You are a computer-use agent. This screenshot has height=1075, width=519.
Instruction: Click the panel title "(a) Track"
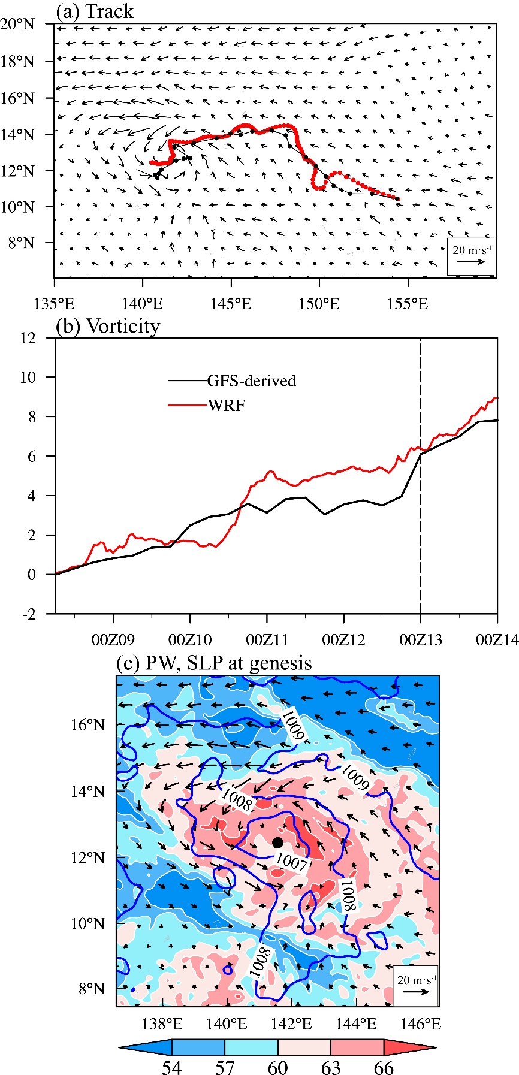pyautogui.click(x=95, y=11)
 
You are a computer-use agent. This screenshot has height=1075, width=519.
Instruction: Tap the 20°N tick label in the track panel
pyautogui.click(x=18, y=25)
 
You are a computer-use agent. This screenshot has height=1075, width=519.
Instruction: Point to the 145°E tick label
pyautogui.click(x=231, y=304)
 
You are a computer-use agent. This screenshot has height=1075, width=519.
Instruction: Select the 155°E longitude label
pyautogui.click(x=408, y=304)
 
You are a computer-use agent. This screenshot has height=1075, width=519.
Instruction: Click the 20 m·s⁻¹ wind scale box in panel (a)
pyautogui.click(x=470, y=256)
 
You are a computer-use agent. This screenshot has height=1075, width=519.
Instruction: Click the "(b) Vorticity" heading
pyautogui.click(x=108, y=326)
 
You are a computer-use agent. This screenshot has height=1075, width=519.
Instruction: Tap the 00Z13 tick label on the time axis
pyautogui.click(x=421, y=640)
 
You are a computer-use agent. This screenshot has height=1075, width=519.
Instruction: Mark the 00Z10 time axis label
pyautogui.click(x=190, y=640)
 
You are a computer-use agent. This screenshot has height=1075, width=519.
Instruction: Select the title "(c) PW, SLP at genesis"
pyautogui.click(x=214, y=663)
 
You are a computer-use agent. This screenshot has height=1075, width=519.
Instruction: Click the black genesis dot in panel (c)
pyautogui.click(x=277, y=843)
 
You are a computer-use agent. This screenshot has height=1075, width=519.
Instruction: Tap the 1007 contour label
pyautogui.click(x=291, y=862)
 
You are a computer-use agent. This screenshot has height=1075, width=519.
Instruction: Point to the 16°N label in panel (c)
pyautogui.click(x=88, y=725)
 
